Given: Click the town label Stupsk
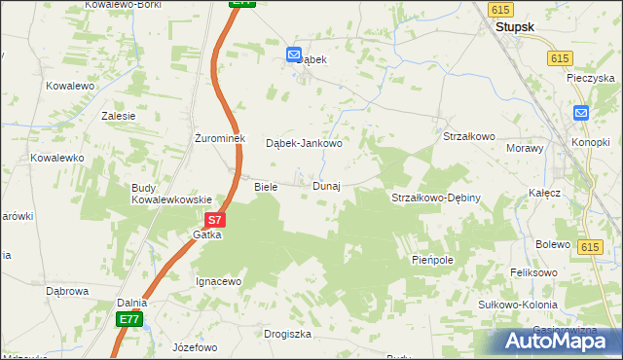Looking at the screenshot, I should pyautogui.click(x=516, y=27).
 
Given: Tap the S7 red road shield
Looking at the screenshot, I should pyautogui.click(x=216, y=221).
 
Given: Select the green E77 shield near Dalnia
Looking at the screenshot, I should pyautogui.click(x=129, y=318).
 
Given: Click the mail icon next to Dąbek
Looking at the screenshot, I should pyautogui.click(x=293, y=56).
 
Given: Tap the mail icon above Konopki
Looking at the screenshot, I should pyautogui.click(x=581, y=113).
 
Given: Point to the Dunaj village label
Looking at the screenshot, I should pyautogui.click(x=326, y=186).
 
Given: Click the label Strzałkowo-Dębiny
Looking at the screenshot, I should pyautogui.click(x=436, y=198).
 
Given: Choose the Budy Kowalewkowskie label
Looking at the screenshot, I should pyautogui.click(x=172, y=194).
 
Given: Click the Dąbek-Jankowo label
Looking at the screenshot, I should pyautogui.click(x=305, y=143).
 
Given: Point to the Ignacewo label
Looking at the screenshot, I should pyautogui.click(x=219, y=281).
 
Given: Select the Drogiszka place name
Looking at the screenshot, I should pyautogui.click(x=287, y=334).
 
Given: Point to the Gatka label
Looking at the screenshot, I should pyautogui.click(x=207, y=235).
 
